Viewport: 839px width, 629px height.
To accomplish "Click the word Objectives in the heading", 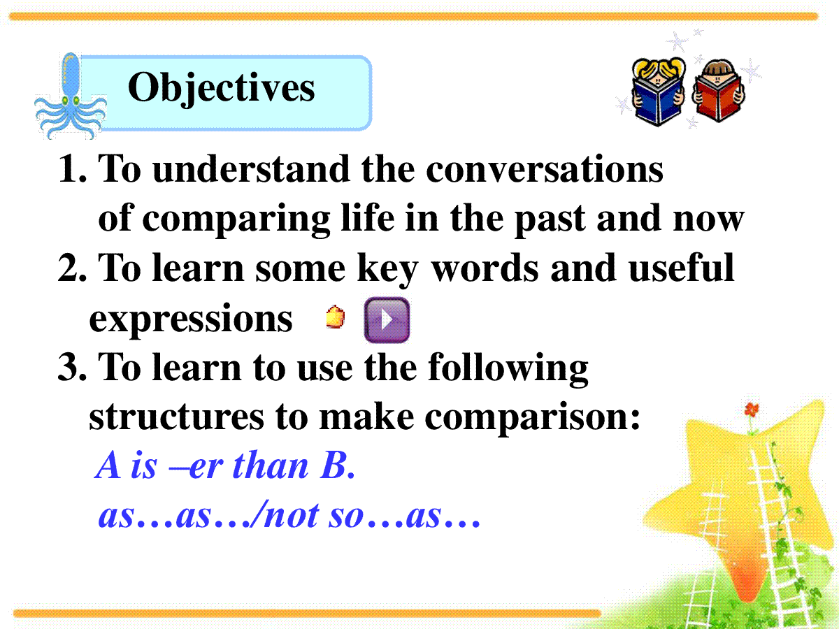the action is (221, 89).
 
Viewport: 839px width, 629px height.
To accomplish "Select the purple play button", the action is (387, 320).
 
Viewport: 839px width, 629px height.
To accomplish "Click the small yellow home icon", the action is (335, 317).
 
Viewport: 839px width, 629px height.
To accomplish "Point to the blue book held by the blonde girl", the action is (657, 101).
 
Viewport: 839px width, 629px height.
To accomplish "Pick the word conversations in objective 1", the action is (544, 169).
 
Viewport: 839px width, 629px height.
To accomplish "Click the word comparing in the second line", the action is (236, 219).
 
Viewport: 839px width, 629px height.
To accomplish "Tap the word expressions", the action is (191, 319).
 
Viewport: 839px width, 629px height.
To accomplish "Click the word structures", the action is (176, 417).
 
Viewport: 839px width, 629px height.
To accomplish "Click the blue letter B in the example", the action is (334, 465).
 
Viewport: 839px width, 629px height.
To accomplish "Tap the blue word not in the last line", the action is (292, 516).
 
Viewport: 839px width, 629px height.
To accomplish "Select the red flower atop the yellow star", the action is (752, 410).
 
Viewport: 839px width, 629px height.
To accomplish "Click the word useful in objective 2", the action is (681, 268).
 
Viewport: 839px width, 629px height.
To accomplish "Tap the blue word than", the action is (270, 465).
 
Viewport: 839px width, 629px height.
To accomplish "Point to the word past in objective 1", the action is (550, 220).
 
